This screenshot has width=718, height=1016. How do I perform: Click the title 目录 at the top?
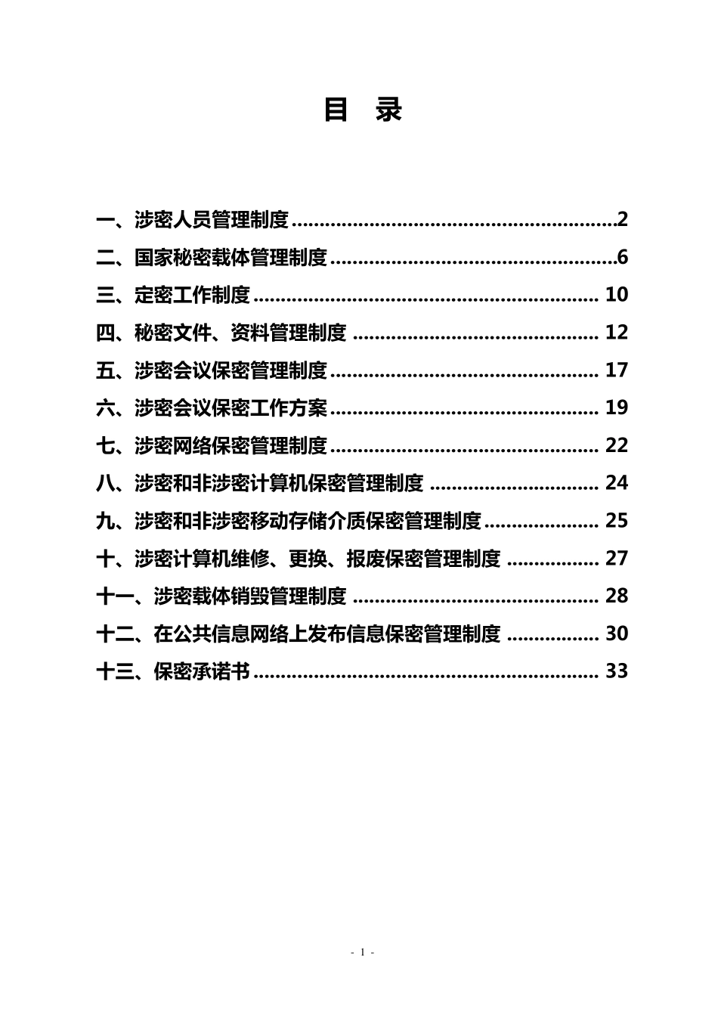[x=363, y=110]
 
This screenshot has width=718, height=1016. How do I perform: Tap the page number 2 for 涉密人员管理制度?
[x=623, y=220]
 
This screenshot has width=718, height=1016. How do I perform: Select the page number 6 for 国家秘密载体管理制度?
[x=623, y=258]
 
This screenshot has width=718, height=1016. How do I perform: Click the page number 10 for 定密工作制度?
[x=617, y=295]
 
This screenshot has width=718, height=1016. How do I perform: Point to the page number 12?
[x=617, y=333]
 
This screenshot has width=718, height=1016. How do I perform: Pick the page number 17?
[x=617, y=370]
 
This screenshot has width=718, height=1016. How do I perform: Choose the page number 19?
[x=617, y=408]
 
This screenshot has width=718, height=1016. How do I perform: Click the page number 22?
[x=617, y=445]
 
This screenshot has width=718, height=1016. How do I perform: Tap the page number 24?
[x=617, y=483]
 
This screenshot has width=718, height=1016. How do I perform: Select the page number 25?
[x=617, y=521]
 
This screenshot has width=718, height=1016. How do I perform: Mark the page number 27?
[x=617, y=559]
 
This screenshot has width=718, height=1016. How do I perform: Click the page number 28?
[x=617, y=596]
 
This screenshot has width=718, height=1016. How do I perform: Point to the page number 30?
[x=617, y=633]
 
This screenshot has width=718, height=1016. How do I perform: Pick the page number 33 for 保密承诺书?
[x=617, y=671]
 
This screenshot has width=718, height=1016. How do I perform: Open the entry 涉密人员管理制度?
[x=212, y=221]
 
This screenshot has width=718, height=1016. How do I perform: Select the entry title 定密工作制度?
[x=192, y=296]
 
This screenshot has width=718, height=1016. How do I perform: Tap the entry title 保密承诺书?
[x=202, y=671]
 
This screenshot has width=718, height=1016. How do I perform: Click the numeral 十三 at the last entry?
[x=116, y=671]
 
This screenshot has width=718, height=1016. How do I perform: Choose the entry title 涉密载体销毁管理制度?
[x=250, y=596]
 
